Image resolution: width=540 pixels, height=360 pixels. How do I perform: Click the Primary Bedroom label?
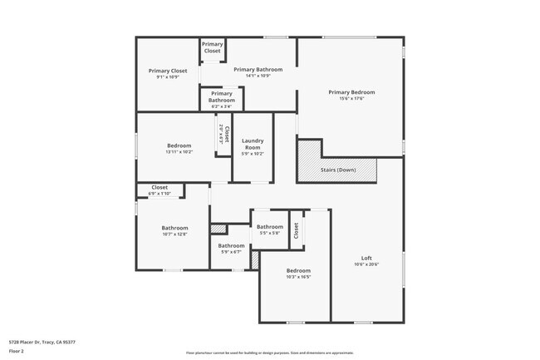[351, 92]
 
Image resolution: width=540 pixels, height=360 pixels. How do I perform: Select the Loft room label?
[366, 257]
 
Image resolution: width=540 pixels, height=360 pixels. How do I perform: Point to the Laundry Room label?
[252, 144]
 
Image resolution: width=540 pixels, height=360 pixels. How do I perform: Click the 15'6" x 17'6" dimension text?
[351, 99]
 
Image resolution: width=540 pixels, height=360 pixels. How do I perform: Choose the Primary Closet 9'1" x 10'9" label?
[168, 71]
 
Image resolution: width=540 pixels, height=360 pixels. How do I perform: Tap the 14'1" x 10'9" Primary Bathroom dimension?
[258, 76]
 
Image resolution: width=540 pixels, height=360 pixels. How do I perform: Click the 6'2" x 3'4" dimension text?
[221, 106]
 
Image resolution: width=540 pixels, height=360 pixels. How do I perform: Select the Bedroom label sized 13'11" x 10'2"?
[179, 145]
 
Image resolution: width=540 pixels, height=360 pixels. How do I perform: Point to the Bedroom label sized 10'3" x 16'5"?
[298, 270]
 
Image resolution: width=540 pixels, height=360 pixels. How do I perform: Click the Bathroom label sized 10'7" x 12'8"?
[174, 228]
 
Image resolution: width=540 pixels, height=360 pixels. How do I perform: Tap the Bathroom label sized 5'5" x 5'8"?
[269, 227]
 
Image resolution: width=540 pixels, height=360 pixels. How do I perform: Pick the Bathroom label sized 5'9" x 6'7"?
[232, 245]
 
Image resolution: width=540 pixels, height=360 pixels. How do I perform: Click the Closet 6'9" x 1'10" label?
[159, 187]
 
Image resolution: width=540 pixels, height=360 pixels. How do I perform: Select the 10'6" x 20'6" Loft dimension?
[366, 264]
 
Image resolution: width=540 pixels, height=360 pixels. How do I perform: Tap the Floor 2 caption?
[17, 350]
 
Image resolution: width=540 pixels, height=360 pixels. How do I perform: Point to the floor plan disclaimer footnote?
[269, 353]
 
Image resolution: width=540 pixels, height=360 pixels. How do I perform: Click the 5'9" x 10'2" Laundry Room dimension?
[252, 153]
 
